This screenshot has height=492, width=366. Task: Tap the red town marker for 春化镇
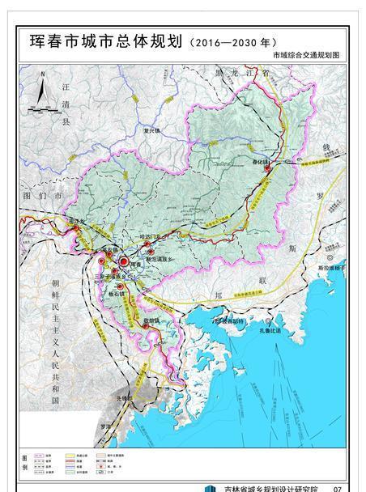(x=278, y=168)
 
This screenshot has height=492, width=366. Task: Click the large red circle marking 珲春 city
(x=122, y=262)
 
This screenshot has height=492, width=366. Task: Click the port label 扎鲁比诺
(x=267, y=330)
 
